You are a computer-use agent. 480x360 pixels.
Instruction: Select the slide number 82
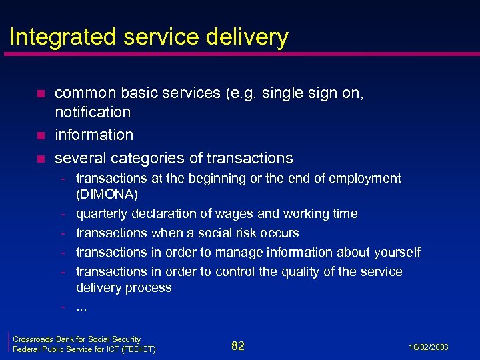(238, 345)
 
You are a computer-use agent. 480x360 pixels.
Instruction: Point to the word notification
(93, 112)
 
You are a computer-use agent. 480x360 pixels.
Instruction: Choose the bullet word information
(94, 135)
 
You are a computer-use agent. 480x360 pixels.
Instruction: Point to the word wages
(234, 214)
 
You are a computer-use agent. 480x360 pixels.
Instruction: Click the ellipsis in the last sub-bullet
(82, 307)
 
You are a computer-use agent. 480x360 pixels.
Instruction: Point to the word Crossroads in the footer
(31, 339)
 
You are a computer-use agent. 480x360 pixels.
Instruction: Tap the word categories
(142, 158)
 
